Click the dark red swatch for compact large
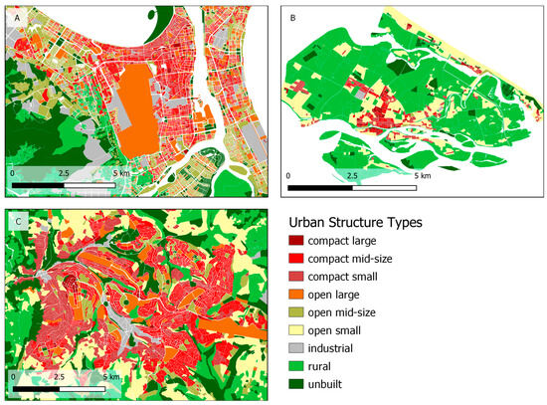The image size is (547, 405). click(x=295, y=241)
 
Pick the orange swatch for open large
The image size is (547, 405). click(x=295, y=295)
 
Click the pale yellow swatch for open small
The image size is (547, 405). click(x=295, y=330)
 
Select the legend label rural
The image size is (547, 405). click(x=321, y=366)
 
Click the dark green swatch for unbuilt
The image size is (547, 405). click(x=295, y=384)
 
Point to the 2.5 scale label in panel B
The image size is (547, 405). click(x=351, y=176)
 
